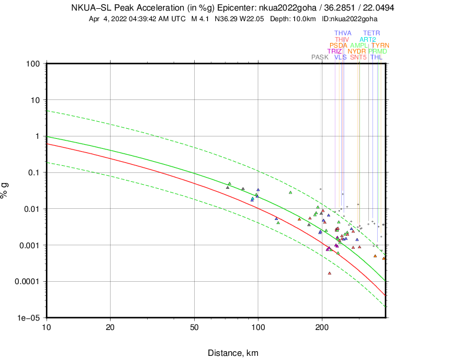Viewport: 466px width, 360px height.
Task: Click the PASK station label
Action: pyautogui.click(x=319, y=58)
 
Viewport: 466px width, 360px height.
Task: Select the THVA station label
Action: pyautogui.click(x=343, y=34)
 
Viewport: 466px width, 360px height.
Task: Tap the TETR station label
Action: pyautogui.click(x=371, y=34)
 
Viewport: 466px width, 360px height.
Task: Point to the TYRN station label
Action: pyautogui.click(x=380, y=45)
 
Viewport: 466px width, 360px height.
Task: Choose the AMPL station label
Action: pyautogui.click(x=359, y=45)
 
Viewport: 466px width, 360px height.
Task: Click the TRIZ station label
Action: pyautogui.click(x=335, y=52)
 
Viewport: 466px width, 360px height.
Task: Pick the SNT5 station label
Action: pyautogui.click(x=358, y=58)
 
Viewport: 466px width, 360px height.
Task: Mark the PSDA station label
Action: pyautogui.click(x=338, y=45)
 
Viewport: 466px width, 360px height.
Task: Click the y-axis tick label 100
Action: pyautogui.click(x=32, y=64)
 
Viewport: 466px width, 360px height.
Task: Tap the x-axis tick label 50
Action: pyautogui.click(x=194, y=327)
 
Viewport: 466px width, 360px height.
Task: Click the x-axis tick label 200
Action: pyautogui.click(x=322, y=327)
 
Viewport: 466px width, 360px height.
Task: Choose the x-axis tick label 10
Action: pyautogui.click(x=46, y=327)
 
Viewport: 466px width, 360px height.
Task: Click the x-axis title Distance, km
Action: pyautogui.click(x=232, y=353)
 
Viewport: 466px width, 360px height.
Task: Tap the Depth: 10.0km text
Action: pyautogui.click(x=294, y=19)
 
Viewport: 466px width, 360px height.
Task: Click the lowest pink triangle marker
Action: pyautogui.click(x=329, y=274)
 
